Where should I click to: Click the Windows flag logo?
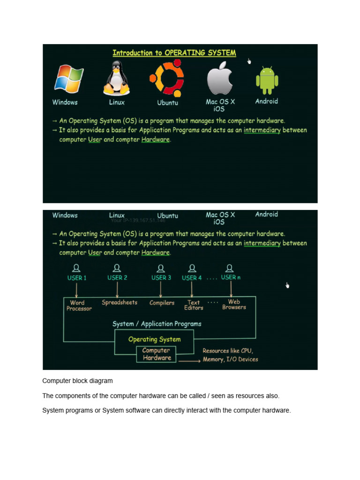pos(68,78)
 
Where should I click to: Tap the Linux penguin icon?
pos(116,78)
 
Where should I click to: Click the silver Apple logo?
pos(220,78)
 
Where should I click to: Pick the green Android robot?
pos(267,80)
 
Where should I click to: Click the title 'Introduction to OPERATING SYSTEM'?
pos(174,53)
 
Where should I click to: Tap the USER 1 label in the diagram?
pos(77,277)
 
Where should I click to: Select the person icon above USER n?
pos(229,268)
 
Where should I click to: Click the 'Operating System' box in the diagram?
pos(154,339)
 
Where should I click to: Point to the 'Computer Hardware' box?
pos(157,354)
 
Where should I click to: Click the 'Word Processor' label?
pos(79,306)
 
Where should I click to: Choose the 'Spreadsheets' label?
pos(120,302)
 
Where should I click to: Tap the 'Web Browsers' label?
pos(234,304)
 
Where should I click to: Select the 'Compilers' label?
pos(162,303)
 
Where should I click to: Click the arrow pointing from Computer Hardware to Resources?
pos(189,361)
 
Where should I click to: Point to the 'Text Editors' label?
pos(194,305)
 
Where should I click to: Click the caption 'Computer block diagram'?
pos(77,381)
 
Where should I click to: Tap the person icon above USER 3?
pos(161,269)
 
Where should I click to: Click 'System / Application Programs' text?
pos(157,324)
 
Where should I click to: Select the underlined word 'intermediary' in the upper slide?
pos(262,130)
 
